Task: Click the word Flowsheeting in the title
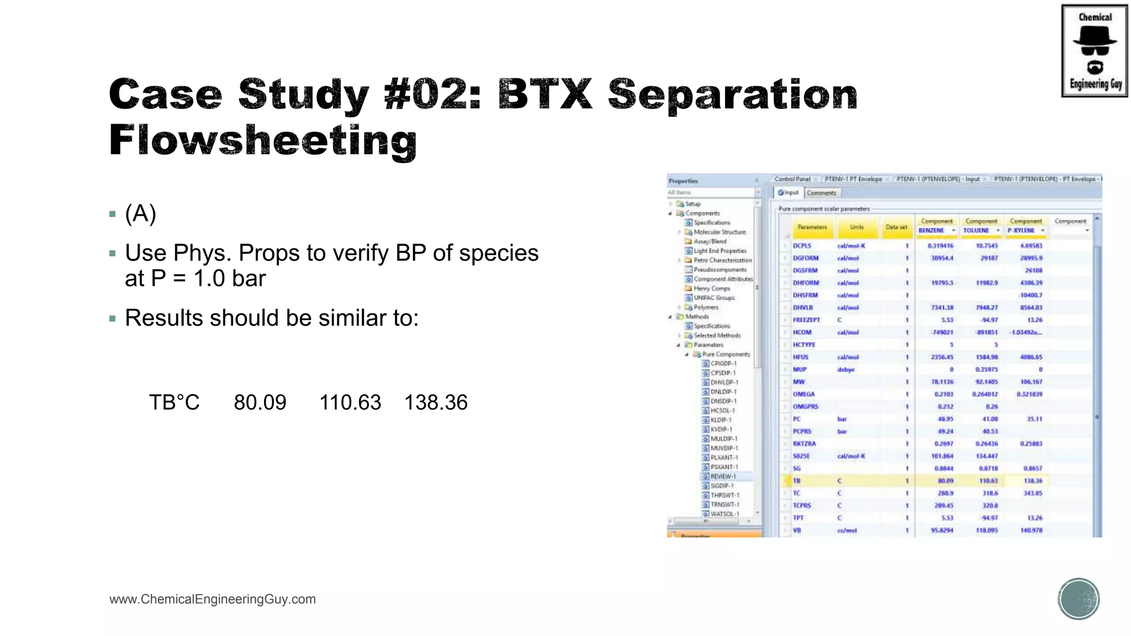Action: click(x=263, y=140)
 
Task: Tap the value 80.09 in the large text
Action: click(x=260, y=402)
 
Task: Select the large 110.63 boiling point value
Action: click(x=350, y=402)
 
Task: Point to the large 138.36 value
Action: click(x=436, y=402)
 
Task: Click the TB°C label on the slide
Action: click(x=175, y=402)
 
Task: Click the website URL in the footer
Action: click(x=213, y=600)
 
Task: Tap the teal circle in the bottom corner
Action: click(x=1079, y=599)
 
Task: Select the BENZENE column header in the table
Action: click(x=932, y=231)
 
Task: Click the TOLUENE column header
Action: click(x=976, y=231)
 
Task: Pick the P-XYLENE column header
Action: click(x=1021, y=231)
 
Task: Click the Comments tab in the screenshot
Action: click(x=822, y=193)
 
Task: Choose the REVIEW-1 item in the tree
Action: click(x=723, y=476)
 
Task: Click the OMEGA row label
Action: click(x=804, y=394)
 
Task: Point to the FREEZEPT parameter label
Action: click(x=807, y=320)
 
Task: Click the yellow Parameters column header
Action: click(x=812, y=227)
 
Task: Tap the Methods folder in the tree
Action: click(x=697, y=317)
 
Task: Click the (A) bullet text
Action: click(x=141, y=214)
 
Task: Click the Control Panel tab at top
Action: click(x=792, y=179)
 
